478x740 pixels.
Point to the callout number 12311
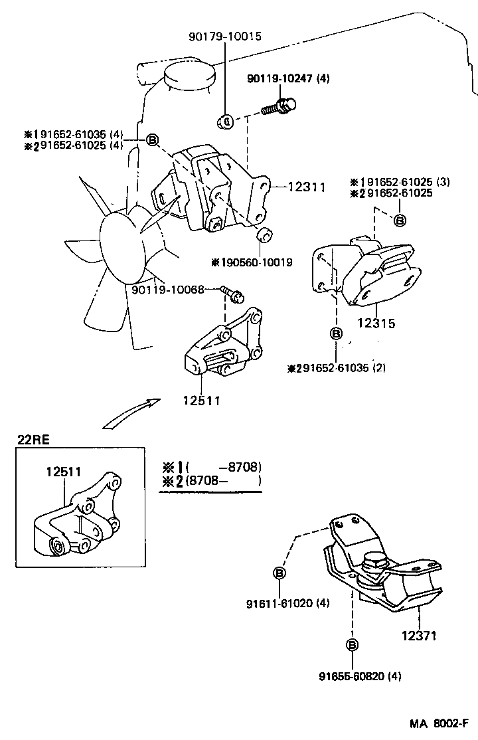point(306,188)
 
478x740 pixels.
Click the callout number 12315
point(376,324)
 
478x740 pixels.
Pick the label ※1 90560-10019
point(252,262)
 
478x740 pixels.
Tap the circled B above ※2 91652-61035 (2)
point(336,333)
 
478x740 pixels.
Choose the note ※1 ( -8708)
point(211,466)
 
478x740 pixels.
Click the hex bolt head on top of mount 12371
point(374,563)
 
